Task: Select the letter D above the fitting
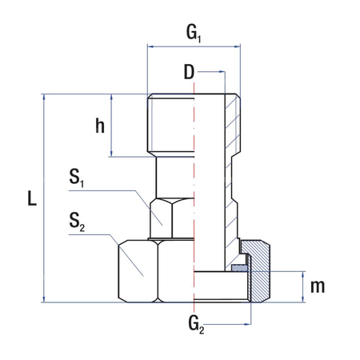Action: pos(189,73)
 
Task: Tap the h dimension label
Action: pos(100,125)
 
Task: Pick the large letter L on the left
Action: pos(31,199)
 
